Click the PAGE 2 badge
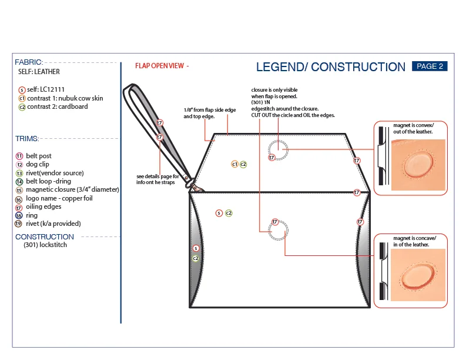430,66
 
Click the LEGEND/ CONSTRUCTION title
331,67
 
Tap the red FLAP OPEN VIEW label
162,66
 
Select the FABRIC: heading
28,62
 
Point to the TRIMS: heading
27,139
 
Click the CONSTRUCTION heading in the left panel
45,236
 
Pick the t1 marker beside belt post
19,156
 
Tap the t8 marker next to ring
19,215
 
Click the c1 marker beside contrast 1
22,98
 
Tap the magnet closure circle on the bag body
277,232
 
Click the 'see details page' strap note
157,179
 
